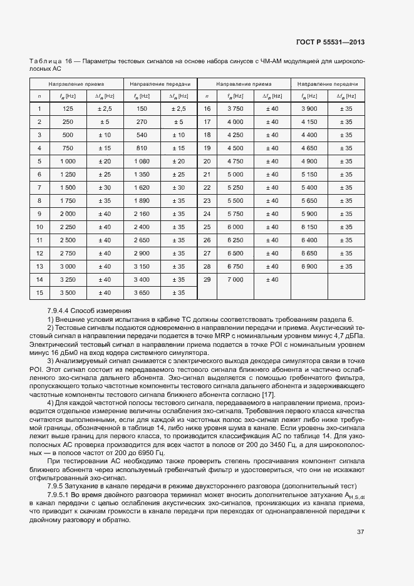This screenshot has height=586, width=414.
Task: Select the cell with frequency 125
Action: [68, 109]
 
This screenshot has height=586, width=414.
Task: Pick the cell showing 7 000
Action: [235, 279]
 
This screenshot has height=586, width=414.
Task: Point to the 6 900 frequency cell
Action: [309, 266]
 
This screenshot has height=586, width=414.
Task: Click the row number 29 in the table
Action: [207, 279]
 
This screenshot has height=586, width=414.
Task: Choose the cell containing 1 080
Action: [142, 161]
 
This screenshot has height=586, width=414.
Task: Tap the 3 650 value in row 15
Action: [142, 292]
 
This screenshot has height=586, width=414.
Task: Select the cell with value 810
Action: [142, 148]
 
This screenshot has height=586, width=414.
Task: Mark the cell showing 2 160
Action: [142, 213]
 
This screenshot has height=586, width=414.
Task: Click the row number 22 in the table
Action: [207, 187]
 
